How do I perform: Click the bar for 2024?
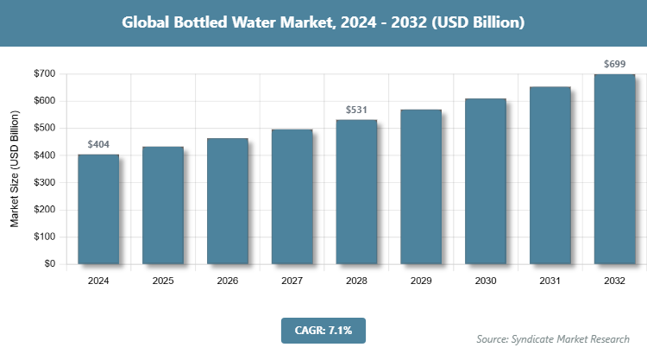click(98, 209)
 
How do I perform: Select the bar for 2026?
click(228, 201)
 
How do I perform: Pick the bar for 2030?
click(486, 181)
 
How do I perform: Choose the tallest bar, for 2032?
click(614, 169)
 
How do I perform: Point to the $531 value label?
click(356, 111)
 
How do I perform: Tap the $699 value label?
click(614, 65)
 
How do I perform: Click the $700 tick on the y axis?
click(44, 74)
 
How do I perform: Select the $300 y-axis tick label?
click(44, 183)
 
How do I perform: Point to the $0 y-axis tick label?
click(49, 264)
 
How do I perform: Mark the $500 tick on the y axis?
click(44, 129)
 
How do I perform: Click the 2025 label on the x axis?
click(163, 281)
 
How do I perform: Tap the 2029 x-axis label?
click(421, 281)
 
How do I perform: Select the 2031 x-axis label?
click(550, 281)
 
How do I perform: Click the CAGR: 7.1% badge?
click(323, 330)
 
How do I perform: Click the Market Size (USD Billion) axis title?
click(15, 169)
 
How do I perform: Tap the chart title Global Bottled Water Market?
click(323, 22)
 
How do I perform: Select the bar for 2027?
click(292, 197)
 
